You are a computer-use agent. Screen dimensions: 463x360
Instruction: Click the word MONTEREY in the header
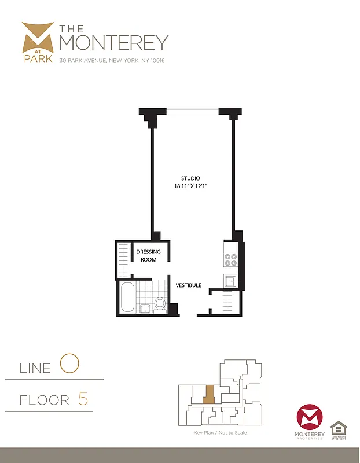[113, 42]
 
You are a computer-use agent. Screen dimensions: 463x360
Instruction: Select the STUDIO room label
[190, 178]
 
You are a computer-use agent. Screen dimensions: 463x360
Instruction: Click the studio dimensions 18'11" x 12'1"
[190, 186]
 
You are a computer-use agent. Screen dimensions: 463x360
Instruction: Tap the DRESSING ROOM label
[148, 256]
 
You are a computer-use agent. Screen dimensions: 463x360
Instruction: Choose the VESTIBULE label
[189, 285]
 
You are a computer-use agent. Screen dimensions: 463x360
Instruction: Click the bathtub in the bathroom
[127, 297]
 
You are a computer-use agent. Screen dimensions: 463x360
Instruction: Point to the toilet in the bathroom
[160, 303]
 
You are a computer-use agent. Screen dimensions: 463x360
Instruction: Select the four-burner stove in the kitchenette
[230, 259]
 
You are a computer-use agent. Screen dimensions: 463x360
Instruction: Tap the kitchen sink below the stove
[230, 282]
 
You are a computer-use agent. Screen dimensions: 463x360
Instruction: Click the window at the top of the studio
[192, 110]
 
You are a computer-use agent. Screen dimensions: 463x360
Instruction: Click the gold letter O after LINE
[69, 364]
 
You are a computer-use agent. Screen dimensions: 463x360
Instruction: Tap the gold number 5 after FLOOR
[83, 399]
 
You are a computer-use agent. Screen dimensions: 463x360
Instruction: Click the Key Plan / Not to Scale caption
[220, 432]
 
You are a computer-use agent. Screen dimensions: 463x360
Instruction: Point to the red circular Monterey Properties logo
[308, 418]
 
